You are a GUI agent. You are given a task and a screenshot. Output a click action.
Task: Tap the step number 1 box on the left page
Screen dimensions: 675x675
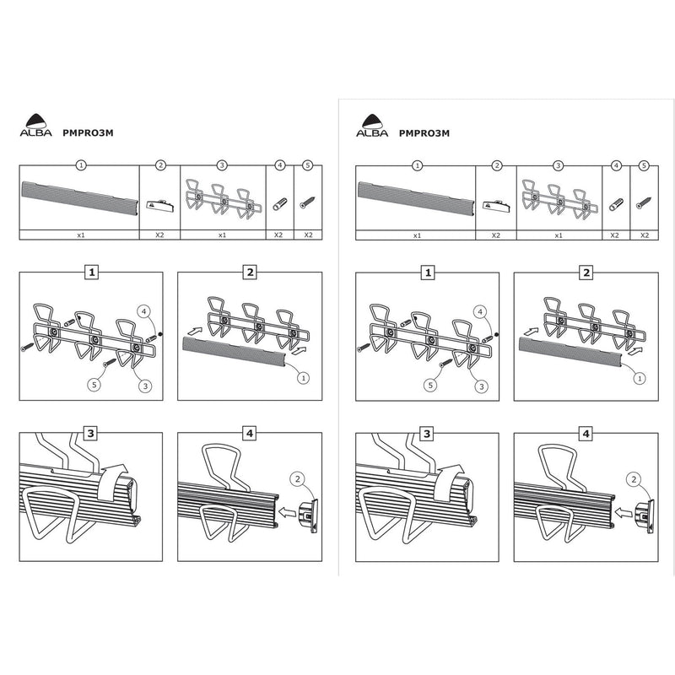coord(90,273)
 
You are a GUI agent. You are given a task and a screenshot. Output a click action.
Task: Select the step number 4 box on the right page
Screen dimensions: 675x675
coord(586,434)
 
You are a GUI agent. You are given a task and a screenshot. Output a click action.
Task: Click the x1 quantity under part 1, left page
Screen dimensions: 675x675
coord(79,235)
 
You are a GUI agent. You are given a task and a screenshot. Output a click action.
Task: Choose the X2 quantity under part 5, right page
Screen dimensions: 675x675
coord(645,235)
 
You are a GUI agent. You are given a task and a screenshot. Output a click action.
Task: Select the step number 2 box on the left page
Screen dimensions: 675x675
coord(249,273)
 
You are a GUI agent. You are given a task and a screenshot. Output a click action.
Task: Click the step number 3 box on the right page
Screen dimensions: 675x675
coord(427,434)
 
